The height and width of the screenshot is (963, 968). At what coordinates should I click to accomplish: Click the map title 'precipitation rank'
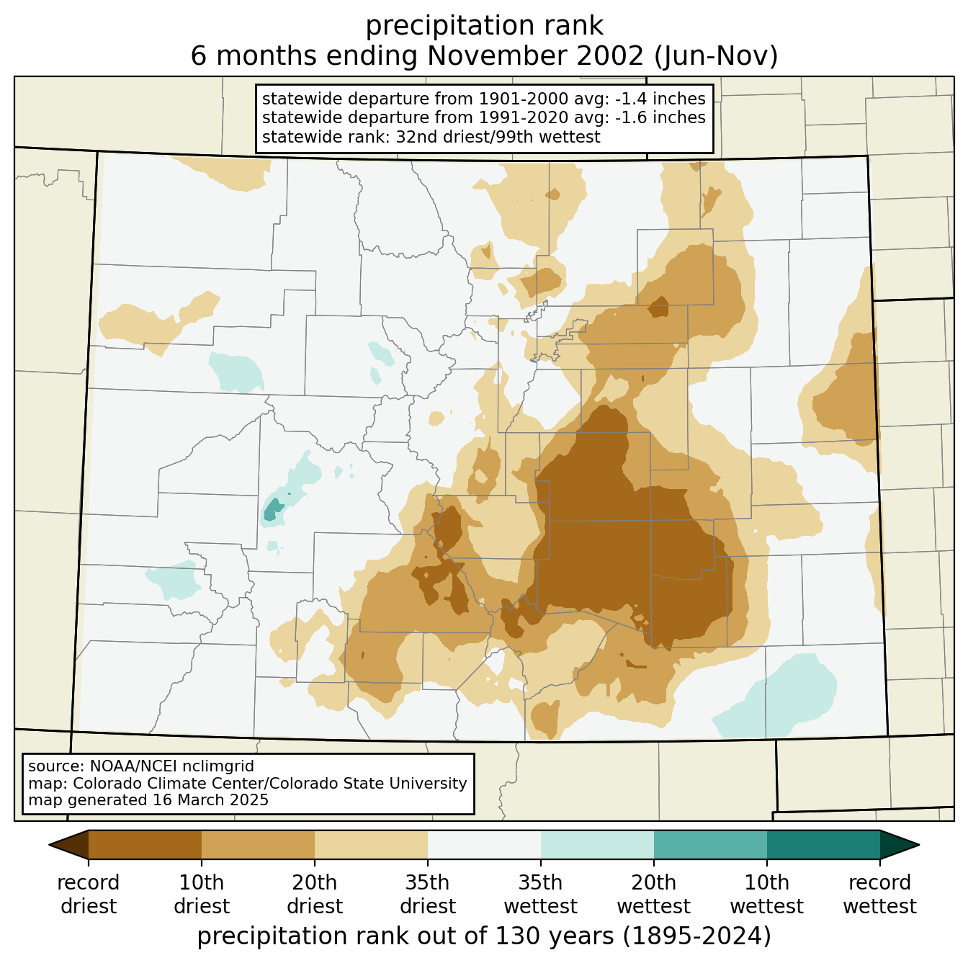484,26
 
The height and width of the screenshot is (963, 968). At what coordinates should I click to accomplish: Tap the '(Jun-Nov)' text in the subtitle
716,55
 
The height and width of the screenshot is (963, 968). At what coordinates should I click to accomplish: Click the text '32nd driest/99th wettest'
497,137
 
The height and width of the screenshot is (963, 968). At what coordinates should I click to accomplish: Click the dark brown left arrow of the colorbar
69,845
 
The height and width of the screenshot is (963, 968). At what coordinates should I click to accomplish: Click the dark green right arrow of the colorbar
900,845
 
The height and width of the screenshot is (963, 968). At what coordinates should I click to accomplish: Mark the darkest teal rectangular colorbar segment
823,845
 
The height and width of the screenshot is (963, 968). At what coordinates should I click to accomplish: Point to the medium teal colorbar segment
710,845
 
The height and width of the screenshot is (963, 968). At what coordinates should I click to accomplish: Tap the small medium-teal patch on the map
273,510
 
